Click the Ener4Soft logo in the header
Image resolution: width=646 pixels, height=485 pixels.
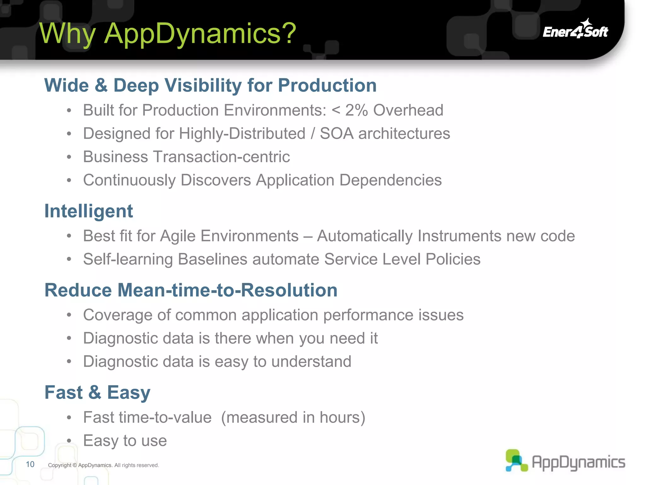point(575,30)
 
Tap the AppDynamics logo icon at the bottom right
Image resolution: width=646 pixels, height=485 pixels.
point(516,461)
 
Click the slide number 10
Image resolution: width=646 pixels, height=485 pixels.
point(30,464)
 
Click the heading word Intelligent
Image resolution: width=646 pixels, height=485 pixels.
point(89,211)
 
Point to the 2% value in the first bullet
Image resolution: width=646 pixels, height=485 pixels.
point(356,110)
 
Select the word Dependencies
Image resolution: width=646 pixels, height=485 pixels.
point(391,180)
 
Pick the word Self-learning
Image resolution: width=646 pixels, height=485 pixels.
point(128,260)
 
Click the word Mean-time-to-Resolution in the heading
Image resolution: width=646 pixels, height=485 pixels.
point(227,290)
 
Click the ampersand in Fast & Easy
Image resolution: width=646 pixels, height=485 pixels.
point(95,392)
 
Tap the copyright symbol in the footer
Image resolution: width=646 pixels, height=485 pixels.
point(75,465)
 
